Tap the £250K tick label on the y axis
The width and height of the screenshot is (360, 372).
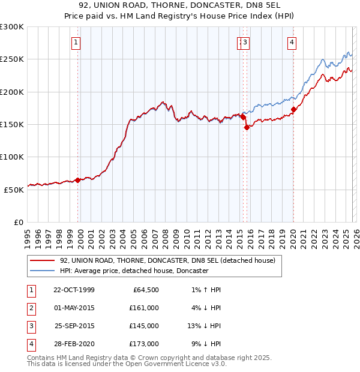point(12,59)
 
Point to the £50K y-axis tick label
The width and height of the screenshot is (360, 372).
point(14,189)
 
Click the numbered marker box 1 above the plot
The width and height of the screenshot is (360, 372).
point(76,42)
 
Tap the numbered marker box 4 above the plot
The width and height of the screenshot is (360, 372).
point(291,42)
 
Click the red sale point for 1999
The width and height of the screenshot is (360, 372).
point(78,180)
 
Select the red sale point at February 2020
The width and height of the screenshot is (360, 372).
point(294,109)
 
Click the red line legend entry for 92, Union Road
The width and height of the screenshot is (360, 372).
point(167,260)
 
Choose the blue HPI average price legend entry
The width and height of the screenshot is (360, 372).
point(134,271)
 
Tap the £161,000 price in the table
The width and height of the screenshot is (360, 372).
point(143,308)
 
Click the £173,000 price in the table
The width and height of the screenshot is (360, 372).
point(143,344)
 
